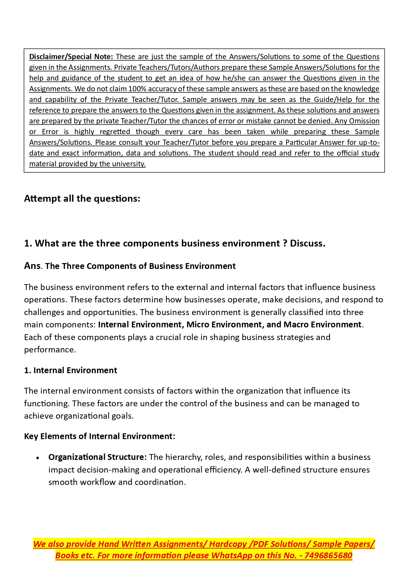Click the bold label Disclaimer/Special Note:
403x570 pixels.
point(71,57)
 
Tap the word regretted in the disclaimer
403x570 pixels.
point(115,132)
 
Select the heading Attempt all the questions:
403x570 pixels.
point(82,198)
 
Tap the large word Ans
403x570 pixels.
point(32,266)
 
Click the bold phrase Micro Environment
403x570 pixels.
point(224,324)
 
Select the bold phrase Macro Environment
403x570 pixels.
point(322,324)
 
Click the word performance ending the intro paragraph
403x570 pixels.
point(49,349)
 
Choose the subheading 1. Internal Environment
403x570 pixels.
point(70,370)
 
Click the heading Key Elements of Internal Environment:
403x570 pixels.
point(99,436)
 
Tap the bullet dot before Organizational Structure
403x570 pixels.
point(38,458)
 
